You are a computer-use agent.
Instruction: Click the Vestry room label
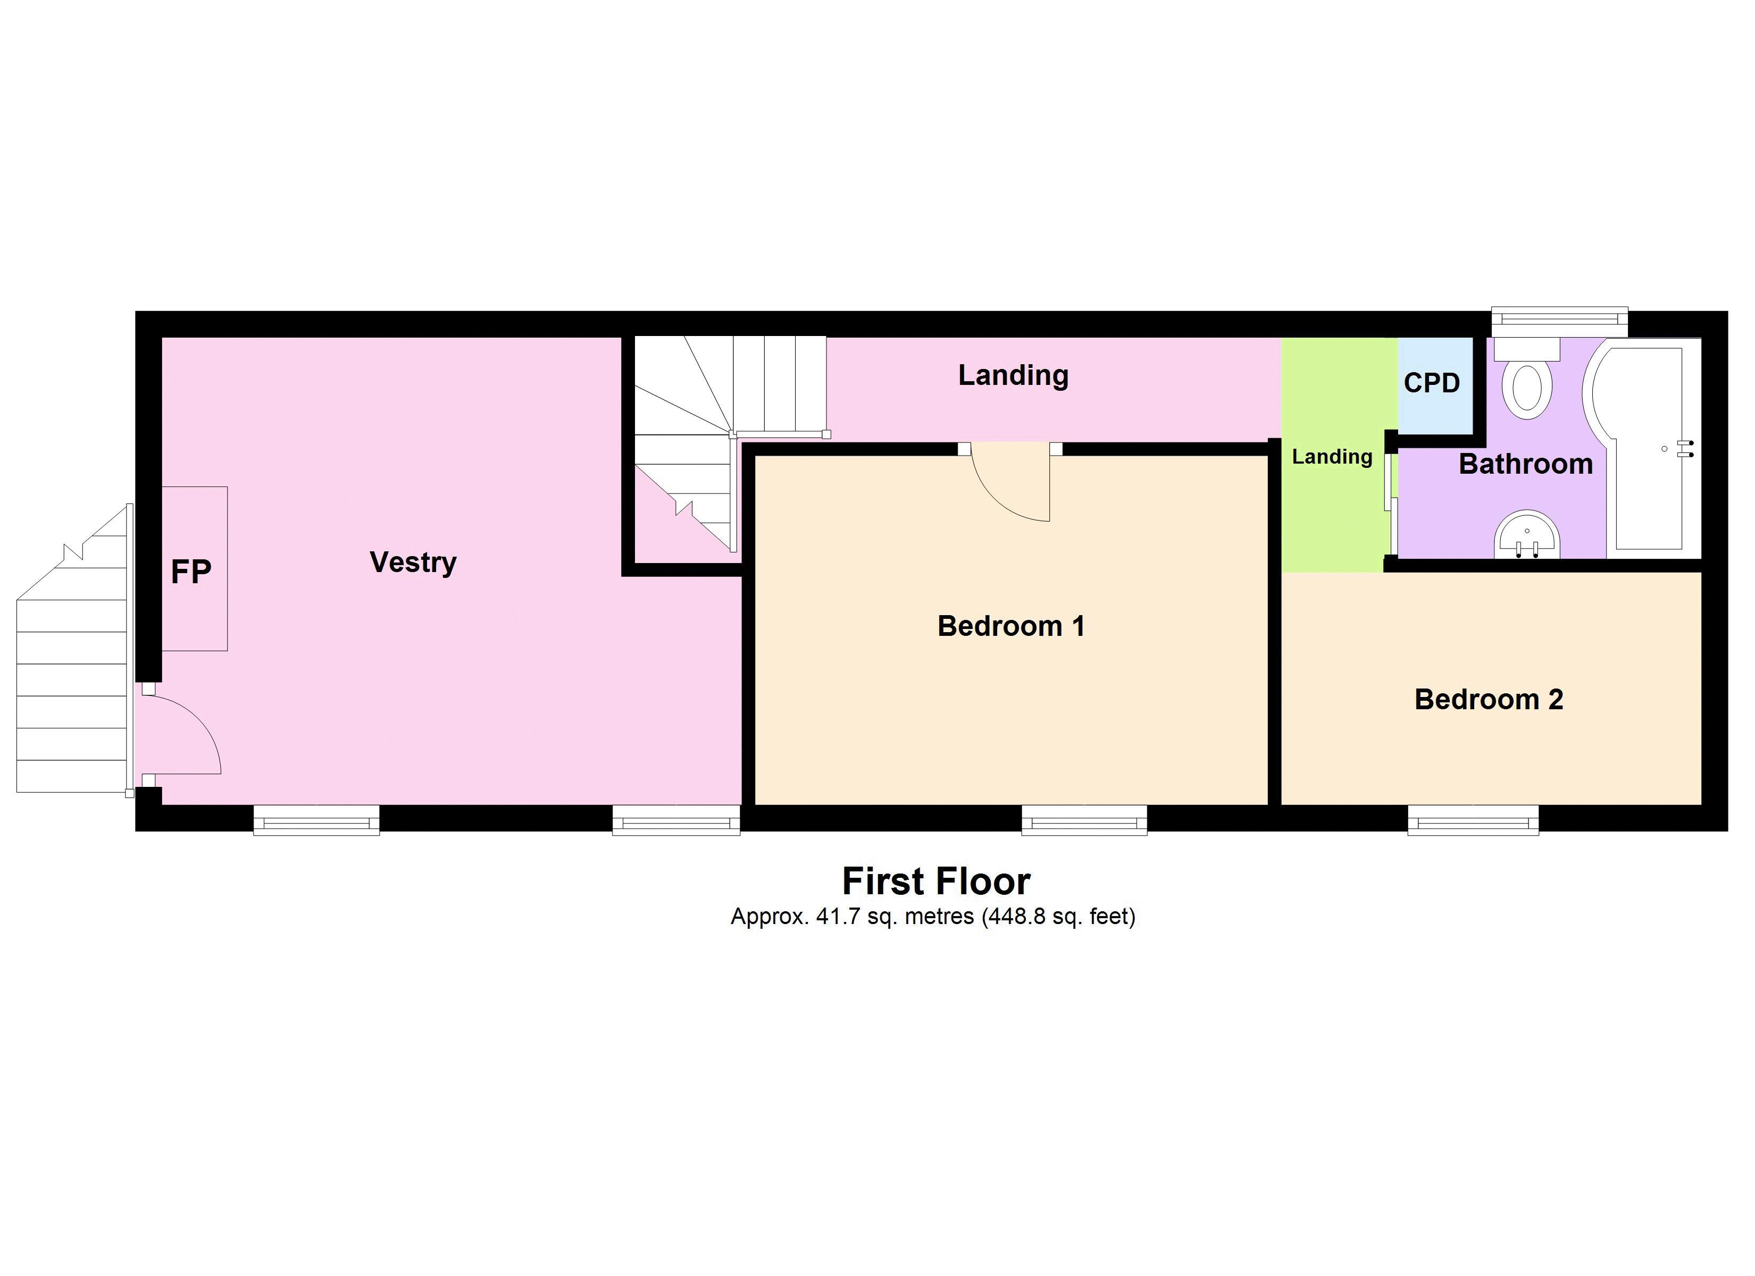[413, 563]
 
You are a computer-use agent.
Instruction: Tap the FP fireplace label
[190, 573]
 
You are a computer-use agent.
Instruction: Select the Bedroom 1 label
[1010, 626]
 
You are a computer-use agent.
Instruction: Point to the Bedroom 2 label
[1489, 700]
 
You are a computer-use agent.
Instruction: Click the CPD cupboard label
[1432, 383]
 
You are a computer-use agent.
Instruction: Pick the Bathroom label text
[1525, 464]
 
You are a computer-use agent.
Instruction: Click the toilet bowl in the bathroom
[1527, 389]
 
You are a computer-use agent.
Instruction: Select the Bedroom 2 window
[1473, 820]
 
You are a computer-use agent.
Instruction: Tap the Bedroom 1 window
[1084, 820]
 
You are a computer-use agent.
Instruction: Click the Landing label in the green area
[1332, 457]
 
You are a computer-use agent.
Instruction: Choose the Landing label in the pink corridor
[1013, 375]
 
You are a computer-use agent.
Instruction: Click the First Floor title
[935, 882]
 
